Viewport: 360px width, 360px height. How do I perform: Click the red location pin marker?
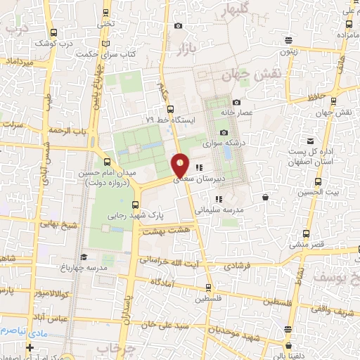click(181, 165)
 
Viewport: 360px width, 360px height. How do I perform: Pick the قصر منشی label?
click(307, 244)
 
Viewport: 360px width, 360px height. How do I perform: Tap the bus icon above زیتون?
click(288, 39)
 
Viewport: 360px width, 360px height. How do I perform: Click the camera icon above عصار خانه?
click(236, 102)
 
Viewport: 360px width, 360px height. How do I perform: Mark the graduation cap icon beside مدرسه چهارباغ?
click(83, 257)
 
